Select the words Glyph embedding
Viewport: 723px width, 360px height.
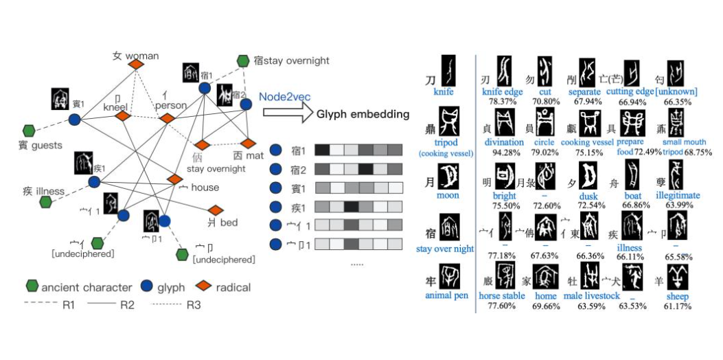[363, 114]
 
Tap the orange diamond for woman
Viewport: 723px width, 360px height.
[136, 64]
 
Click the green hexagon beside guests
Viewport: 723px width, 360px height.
[29, 130]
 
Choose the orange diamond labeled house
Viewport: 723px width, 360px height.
[175, 179]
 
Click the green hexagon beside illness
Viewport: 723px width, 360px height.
[46, 201]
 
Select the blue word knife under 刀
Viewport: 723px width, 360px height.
[444, 91]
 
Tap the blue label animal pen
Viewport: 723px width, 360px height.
[446, 296]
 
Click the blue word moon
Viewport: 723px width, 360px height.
[447, 196]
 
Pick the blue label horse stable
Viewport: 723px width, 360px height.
[502, 296]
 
